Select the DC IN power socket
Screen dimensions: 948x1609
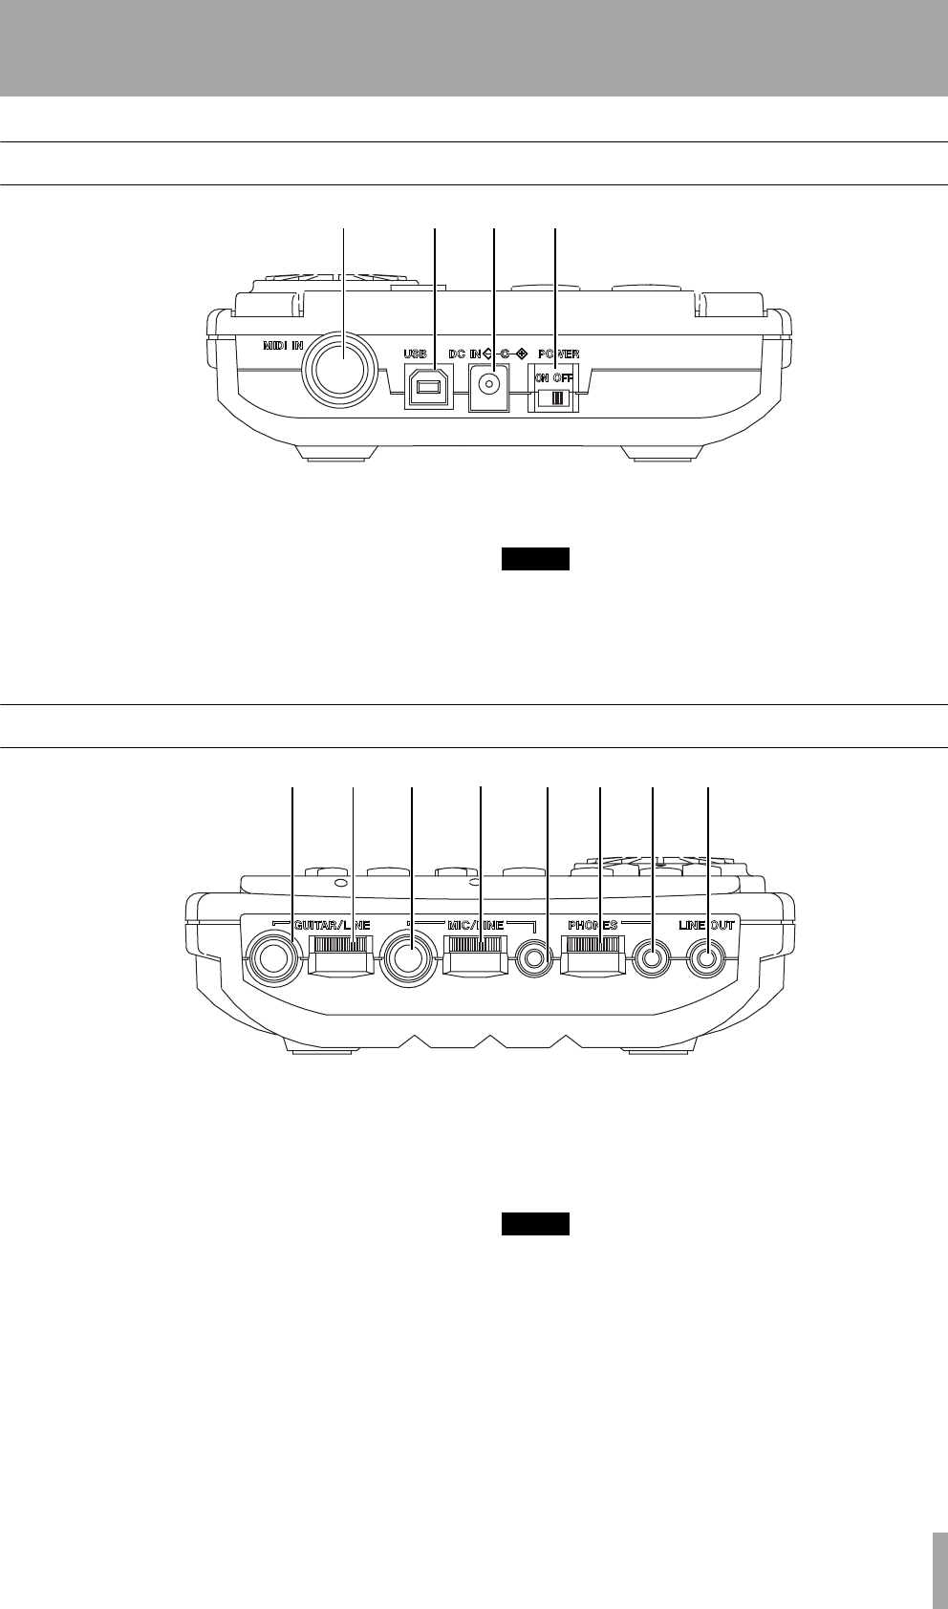491,386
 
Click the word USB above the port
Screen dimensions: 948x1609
417,354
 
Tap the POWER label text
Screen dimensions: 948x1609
558,354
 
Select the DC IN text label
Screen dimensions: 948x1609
465,354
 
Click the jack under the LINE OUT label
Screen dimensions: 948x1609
707,957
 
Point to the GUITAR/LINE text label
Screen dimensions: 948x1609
332,926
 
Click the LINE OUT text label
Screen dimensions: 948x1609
707,926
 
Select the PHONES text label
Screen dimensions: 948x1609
592,926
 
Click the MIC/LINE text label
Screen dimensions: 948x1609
475,926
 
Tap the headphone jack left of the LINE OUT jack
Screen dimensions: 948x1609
652,957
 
